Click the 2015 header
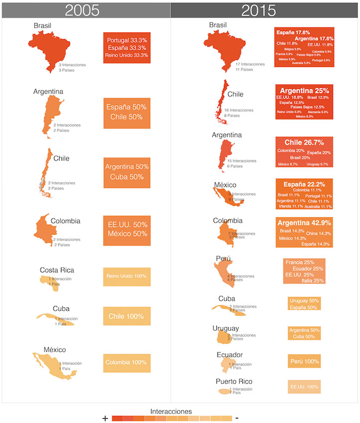264,9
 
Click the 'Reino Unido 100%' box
126,277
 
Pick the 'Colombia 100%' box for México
126,363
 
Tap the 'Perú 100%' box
304,361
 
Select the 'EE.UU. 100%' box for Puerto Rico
304,387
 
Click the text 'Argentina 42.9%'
304,222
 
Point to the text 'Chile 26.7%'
304,142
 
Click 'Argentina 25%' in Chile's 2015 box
304,91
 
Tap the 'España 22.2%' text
304,183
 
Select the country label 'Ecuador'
230,355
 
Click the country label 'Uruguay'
226,328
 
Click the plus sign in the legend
105,419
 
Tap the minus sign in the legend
237,418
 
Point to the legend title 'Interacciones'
171,412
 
